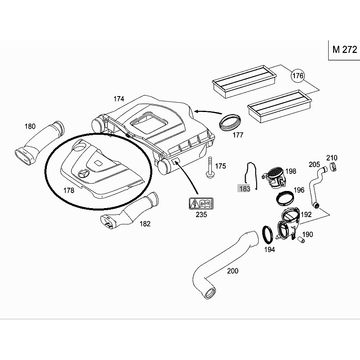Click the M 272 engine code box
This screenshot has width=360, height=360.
(344, 50)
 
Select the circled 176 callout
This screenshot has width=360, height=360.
(298, 76)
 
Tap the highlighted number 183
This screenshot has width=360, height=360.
(244, 189)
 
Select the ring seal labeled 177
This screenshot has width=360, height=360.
(230, 121)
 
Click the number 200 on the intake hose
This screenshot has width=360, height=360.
(233, 271)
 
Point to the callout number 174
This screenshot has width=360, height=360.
(119, 99)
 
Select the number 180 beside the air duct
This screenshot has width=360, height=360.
(30, 126)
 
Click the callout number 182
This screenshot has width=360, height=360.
(145, 224)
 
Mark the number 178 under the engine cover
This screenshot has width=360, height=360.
(69, 190)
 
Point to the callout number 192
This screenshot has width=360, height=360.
(306, 215)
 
